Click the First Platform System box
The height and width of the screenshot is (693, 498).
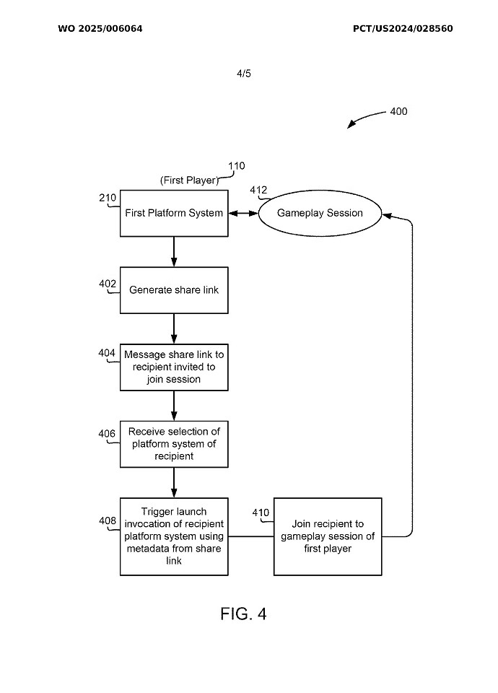(x=174, y=213)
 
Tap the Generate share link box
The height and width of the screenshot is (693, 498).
(x=174, y=290)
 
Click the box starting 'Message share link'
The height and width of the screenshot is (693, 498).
(x=174, y=367)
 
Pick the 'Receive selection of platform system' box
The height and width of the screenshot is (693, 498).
(x=174, y=444)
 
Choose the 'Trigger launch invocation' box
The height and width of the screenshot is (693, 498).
(x=174, y=536)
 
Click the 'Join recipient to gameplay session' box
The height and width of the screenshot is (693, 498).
(x=328, y=536)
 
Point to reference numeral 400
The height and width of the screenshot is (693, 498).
(x=398, y=112)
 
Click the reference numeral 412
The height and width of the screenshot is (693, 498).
(x=258, y=191)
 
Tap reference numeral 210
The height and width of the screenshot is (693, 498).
(x=108, y=197)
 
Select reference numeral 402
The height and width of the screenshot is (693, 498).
(x=108, y=284)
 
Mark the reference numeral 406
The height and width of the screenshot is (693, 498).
(x=107, y=433)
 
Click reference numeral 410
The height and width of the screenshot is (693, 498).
(x=261, y=513)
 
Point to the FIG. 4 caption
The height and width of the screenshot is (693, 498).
(x=243, y=614)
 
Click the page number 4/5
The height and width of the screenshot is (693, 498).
(x=244, y=74)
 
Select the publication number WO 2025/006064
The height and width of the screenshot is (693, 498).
(x=100, y=29)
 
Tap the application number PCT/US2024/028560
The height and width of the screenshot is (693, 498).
(x=403, y=29)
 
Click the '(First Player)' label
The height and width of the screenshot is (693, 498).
(x=189, y=180)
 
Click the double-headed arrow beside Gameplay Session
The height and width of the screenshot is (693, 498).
(x=243, y=213)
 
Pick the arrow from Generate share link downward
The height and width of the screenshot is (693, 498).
(x=174, y=328)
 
